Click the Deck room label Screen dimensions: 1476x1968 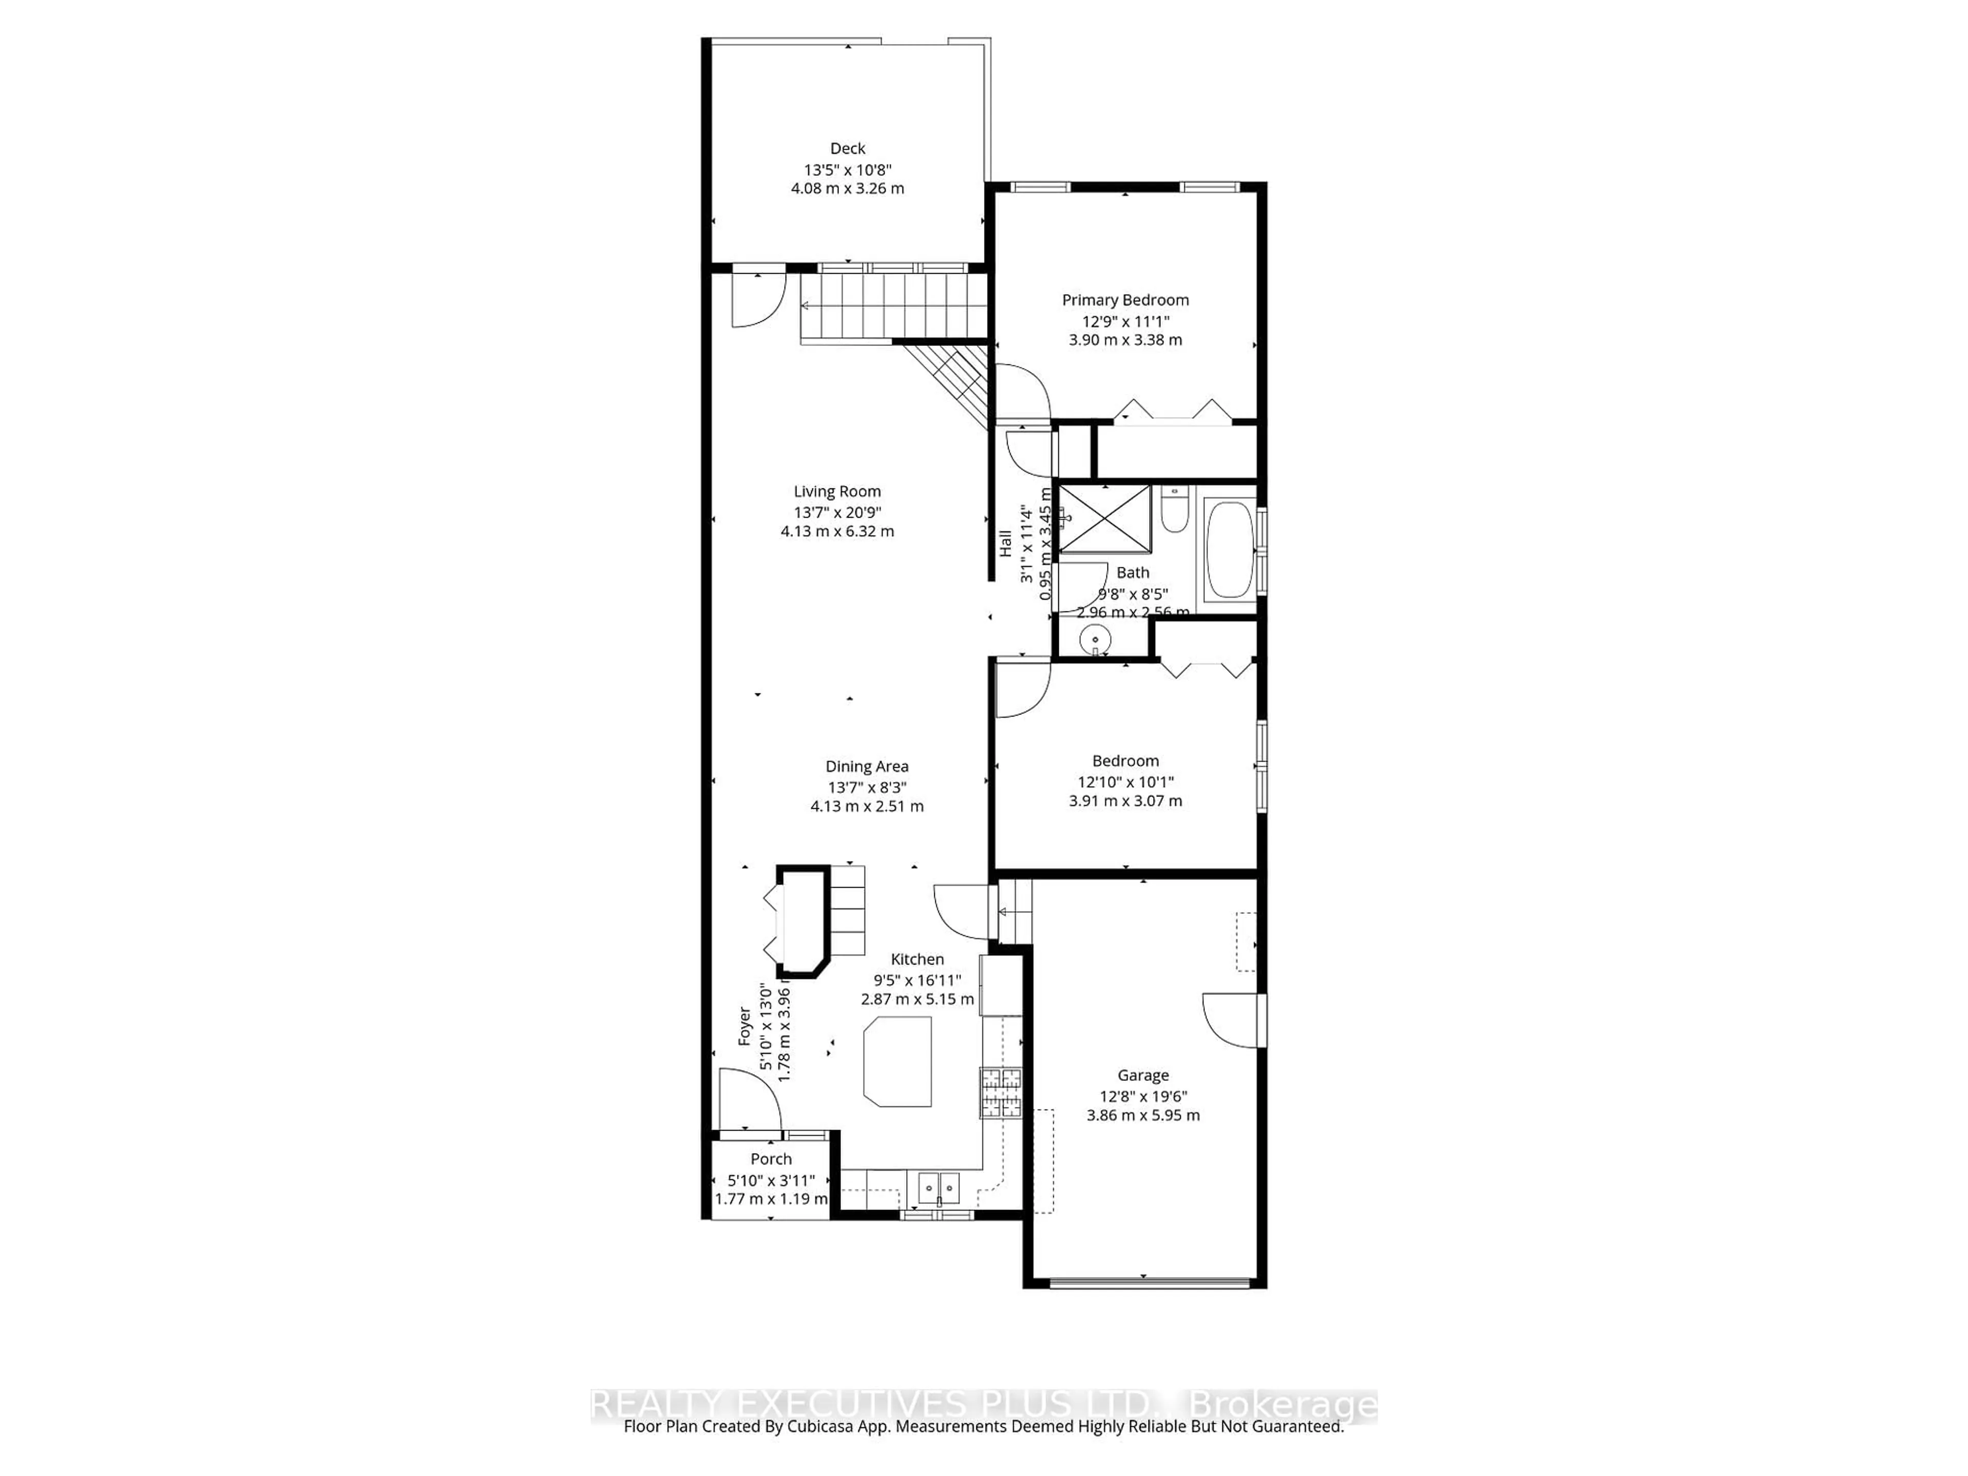(x=847, y=149)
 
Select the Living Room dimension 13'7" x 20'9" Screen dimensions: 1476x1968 (x=837, y=511)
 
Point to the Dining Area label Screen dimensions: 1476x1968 (x=867, y=766)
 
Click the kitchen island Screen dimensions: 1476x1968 (x=898, y=1061)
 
